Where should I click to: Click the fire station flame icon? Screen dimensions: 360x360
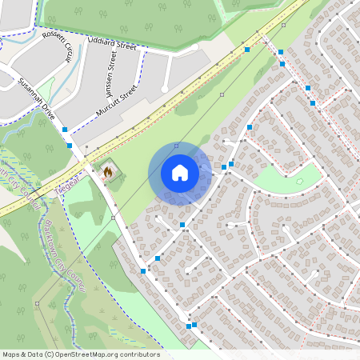click(x=107, y=170)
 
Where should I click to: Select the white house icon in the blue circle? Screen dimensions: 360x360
click(x=179, y=173)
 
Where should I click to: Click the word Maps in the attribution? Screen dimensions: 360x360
click(x=12, y=354)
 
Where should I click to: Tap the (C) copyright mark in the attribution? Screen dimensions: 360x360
click(x=50, y=354)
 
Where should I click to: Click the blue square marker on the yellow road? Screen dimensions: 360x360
click(x=247, y=50)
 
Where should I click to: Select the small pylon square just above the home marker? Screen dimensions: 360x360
click(x=176, y=146)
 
